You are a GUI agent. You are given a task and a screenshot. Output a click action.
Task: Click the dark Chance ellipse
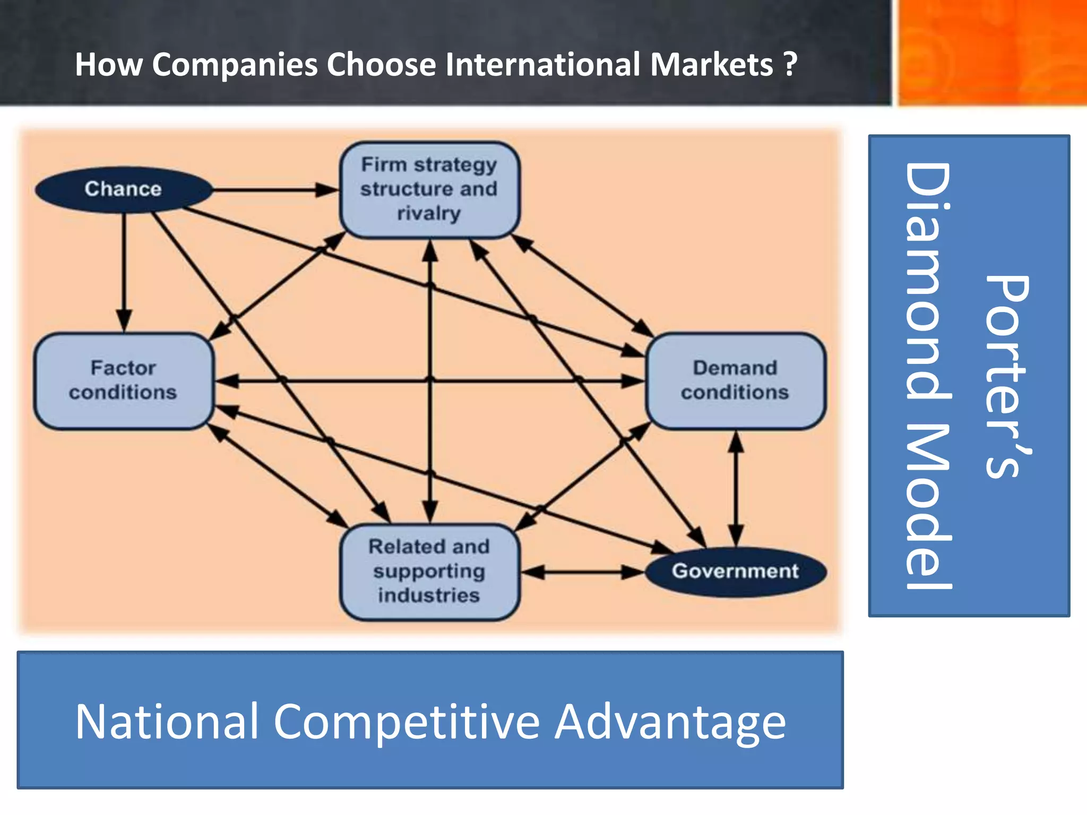(x=123, y=189)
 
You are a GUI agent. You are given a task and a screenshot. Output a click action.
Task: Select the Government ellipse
(x=735, y=571)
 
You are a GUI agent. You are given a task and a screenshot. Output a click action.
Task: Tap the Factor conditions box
(x=123, y=380)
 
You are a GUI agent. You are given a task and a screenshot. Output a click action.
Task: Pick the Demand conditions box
(x=735, y=380)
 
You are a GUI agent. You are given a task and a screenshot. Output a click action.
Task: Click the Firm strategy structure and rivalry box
(x=429, y=189)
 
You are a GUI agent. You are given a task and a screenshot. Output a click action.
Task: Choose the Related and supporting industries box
(x=429, y=571)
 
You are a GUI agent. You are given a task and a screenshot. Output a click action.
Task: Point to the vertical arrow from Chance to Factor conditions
(x=124, y=271)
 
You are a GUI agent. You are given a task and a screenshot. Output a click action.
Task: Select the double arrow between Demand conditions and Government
(x=736, y=488)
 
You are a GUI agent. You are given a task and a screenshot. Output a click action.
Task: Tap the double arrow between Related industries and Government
(x=583, y=572)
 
